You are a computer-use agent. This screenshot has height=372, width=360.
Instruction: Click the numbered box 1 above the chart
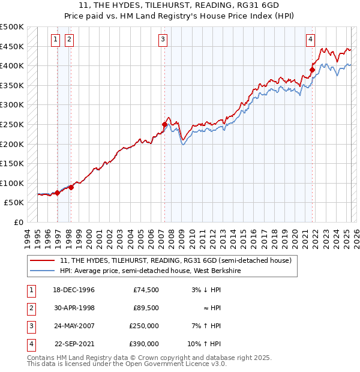click(x=55, y=40)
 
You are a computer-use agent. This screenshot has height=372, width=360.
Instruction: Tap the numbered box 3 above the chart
click(x=163, y=40)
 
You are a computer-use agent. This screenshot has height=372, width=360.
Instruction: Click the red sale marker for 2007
click(x=164, y=125)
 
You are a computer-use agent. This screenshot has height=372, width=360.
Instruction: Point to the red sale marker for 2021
click(x=312, y=70)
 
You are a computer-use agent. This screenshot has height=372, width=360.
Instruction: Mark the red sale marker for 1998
click(x=71, y=187)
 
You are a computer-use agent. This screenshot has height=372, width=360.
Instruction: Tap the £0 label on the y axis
click(x=18, y=222)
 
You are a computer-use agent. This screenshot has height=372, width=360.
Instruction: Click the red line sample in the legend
click(x=43, y=261)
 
